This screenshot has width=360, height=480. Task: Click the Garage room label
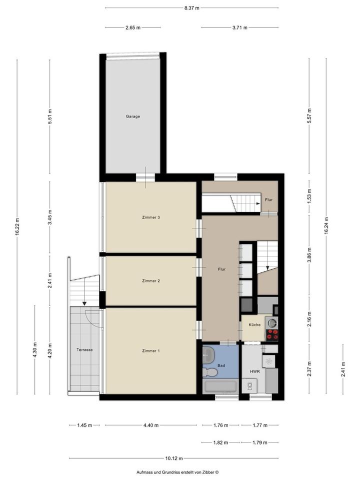pos(133,116)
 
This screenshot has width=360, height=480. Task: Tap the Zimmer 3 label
pos(151,217)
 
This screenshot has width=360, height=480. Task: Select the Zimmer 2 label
pos(151,280)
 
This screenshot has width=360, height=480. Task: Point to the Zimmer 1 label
pos(151,351)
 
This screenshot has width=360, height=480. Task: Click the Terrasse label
pos(84,349)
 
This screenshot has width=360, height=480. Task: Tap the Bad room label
pos(221,365)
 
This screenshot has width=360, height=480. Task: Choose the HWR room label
pos(254,371)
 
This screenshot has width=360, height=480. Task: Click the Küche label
pos(254,324)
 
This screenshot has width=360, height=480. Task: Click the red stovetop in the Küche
pos(272,335)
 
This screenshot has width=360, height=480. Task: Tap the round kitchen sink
pos(272,322)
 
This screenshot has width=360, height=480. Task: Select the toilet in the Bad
pos(210,372)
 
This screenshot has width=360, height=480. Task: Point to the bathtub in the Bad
pos(220,386)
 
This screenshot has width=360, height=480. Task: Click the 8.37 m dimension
pos(191,8)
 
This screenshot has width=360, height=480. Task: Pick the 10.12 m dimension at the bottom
pos(174,458)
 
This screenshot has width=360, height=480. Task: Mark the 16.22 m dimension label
pos(17,226)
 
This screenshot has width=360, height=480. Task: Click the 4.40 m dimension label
pos(151,425)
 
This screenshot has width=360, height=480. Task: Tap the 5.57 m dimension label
pos(309,115)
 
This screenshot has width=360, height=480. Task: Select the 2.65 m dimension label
pos(133,27)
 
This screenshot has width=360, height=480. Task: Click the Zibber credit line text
pos(177,472)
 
